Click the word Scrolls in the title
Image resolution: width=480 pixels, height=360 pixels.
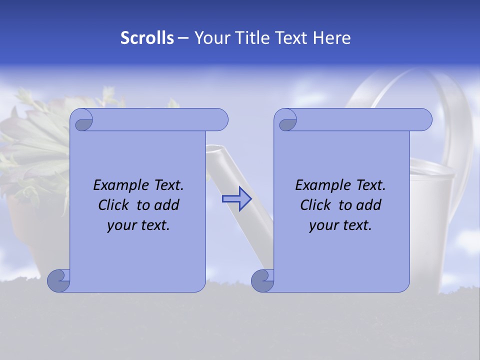point(147,38)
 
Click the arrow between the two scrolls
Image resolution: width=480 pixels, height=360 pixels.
point(236,198)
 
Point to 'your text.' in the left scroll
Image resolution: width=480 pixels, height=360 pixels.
point(138,225)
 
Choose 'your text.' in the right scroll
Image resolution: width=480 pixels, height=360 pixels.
point(340,225)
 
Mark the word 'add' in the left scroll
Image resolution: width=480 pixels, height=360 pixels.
point(167,205)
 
